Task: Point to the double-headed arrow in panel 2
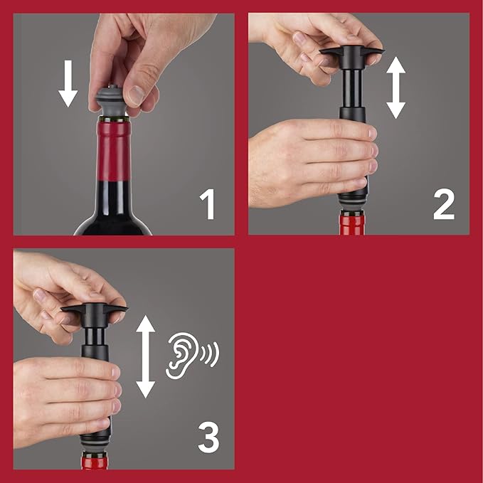(396, 87)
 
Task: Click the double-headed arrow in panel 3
(145, 356)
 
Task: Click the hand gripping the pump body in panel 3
(60, 398)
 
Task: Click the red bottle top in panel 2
(351, 224)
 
